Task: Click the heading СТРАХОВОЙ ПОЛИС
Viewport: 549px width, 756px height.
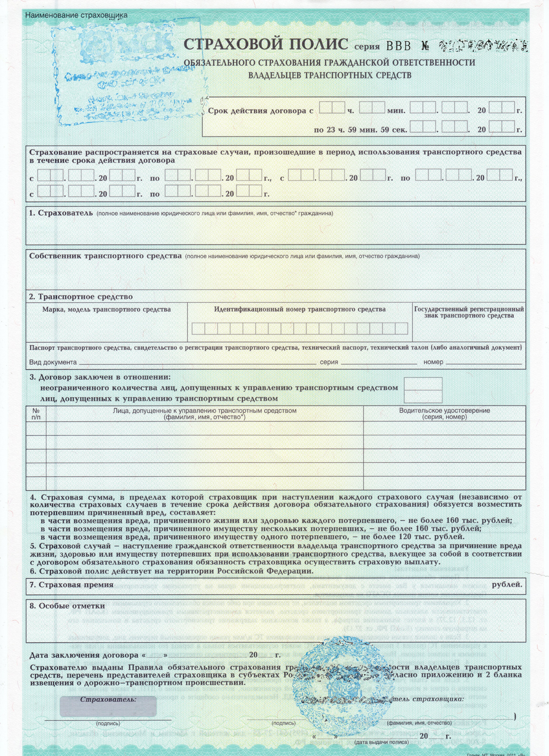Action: coord(266,44)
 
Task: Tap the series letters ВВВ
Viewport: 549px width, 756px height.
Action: coord(400,46)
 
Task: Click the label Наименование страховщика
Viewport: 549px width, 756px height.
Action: coord(76,15)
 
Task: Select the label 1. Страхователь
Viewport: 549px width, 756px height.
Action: coord(61,213)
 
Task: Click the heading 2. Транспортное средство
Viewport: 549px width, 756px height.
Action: coord(81,297)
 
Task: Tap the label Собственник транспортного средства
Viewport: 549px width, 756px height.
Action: coord(105,256)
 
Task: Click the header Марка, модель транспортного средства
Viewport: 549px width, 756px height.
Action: coord(106,309)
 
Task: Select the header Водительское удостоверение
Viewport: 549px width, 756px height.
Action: coord(444,411)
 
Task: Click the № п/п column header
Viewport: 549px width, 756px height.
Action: coord(36,414)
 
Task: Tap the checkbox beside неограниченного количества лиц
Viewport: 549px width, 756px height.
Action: coord(423,384)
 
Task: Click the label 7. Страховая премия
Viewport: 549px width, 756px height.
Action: coord(71,585)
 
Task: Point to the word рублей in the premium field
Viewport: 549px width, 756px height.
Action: coord(506,585)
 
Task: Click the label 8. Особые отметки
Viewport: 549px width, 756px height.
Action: coord(67,606)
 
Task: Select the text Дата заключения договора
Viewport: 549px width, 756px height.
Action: coord(84,655)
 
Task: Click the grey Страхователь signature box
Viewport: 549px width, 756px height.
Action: coord(108,706)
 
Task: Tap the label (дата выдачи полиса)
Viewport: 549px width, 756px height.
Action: coord(381,742)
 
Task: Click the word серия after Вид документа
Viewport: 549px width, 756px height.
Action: coord(329,362)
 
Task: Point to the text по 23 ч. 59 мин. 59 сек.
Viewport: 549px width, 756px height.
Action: coord(360,130)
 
